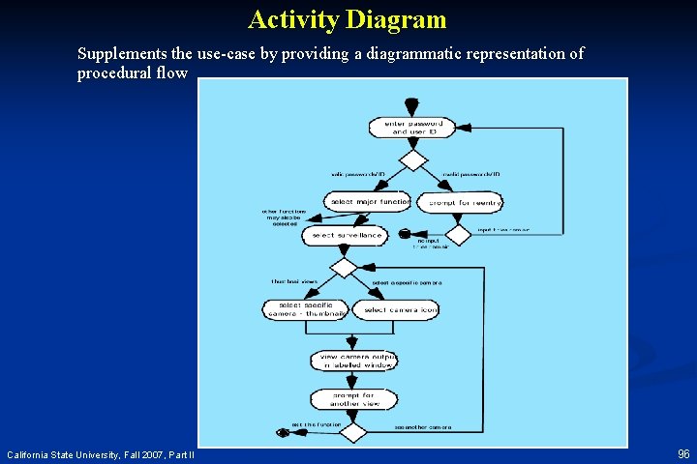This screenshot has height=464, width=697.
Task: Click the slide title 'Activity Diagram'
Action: tap(347, 19)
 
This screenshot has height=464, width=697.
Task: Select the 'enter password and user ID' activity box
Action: tap(412, 127)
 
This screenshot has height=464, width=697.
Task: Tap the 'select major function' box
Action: tap(370, 202)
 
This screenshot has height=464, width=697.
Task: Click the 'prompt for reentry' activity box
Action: tap(459, 202)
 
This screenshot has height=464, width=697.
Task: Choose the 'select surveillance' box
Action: tap(344, 235)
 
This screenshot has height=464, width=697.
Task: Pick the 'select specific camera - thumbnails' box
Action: tap(306, 308)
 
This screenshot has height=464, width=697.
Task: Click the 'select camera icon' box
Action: tap(396, 309)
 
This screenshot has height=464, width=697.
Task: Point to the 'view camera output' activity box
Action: tap(353, 361)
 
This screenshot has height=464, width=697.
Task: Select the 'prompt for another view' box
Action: tap(353, 398)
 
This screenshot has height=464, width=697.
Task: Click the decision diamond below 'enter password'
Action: tap(413, 159)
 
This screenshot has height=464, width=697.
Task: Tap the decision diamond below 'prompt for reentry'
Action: tap(457, 234)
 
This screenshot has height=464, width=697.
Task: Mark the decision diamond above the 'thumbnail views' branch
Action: tap(344, 267)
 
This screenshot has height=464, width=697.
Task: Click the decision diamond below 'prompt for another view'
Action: tap(353, 431)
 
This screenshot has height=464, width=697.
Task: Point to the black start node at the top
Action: tap(412, 103)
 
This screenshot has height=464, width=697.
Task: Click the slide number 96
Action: tap(683, 453)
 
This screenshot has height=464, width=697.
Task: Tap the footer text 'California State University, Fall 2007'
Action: tap(101, 454)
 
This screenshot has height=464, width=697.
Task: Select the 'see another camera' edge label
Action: tap(423, 426)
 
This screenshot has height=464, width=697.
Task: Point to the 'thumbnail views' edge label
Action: tap(294, 282)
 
